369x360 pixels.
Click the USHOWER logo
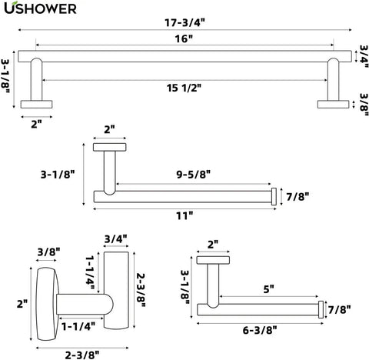click(40, 8)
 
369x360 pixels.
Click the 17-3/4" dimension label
click(184, 23)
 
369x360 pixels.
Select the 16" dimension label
click(184, 39)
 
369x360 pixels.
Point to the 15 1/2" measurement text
click(184, 88)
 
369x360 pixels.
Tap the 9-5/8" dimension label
click(194, 175)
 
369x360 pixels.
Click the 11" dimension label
click(184, 216)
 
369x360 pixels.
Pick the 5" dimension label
click(268, 289)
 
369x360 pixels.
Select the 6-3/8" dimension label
click(260, 330)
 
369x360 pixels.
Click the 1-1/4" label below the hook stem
click(78, 326)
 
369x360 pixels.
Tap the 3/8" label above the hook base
click(48, 252)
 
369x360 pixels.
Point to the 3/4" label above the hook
click(116, 239)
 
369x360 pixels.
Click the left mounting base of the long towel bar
click(36, 105)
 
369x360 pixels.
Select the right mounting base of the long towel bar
click(333, 105)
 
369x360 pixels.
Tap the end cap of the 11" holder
click(274, 196)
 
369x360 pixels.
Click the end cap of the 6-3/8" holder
click(321, 310)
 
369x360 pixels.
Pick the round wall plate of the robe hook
click(47, 304)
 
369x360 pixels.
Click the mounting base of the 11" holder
click(110, 147)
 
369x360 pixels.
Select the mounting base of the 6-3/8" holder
click(213, 260)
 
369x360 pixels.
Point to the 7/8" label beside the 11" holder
click(298, 197)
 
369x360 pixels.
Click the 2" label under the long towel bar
click(36, 125)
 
